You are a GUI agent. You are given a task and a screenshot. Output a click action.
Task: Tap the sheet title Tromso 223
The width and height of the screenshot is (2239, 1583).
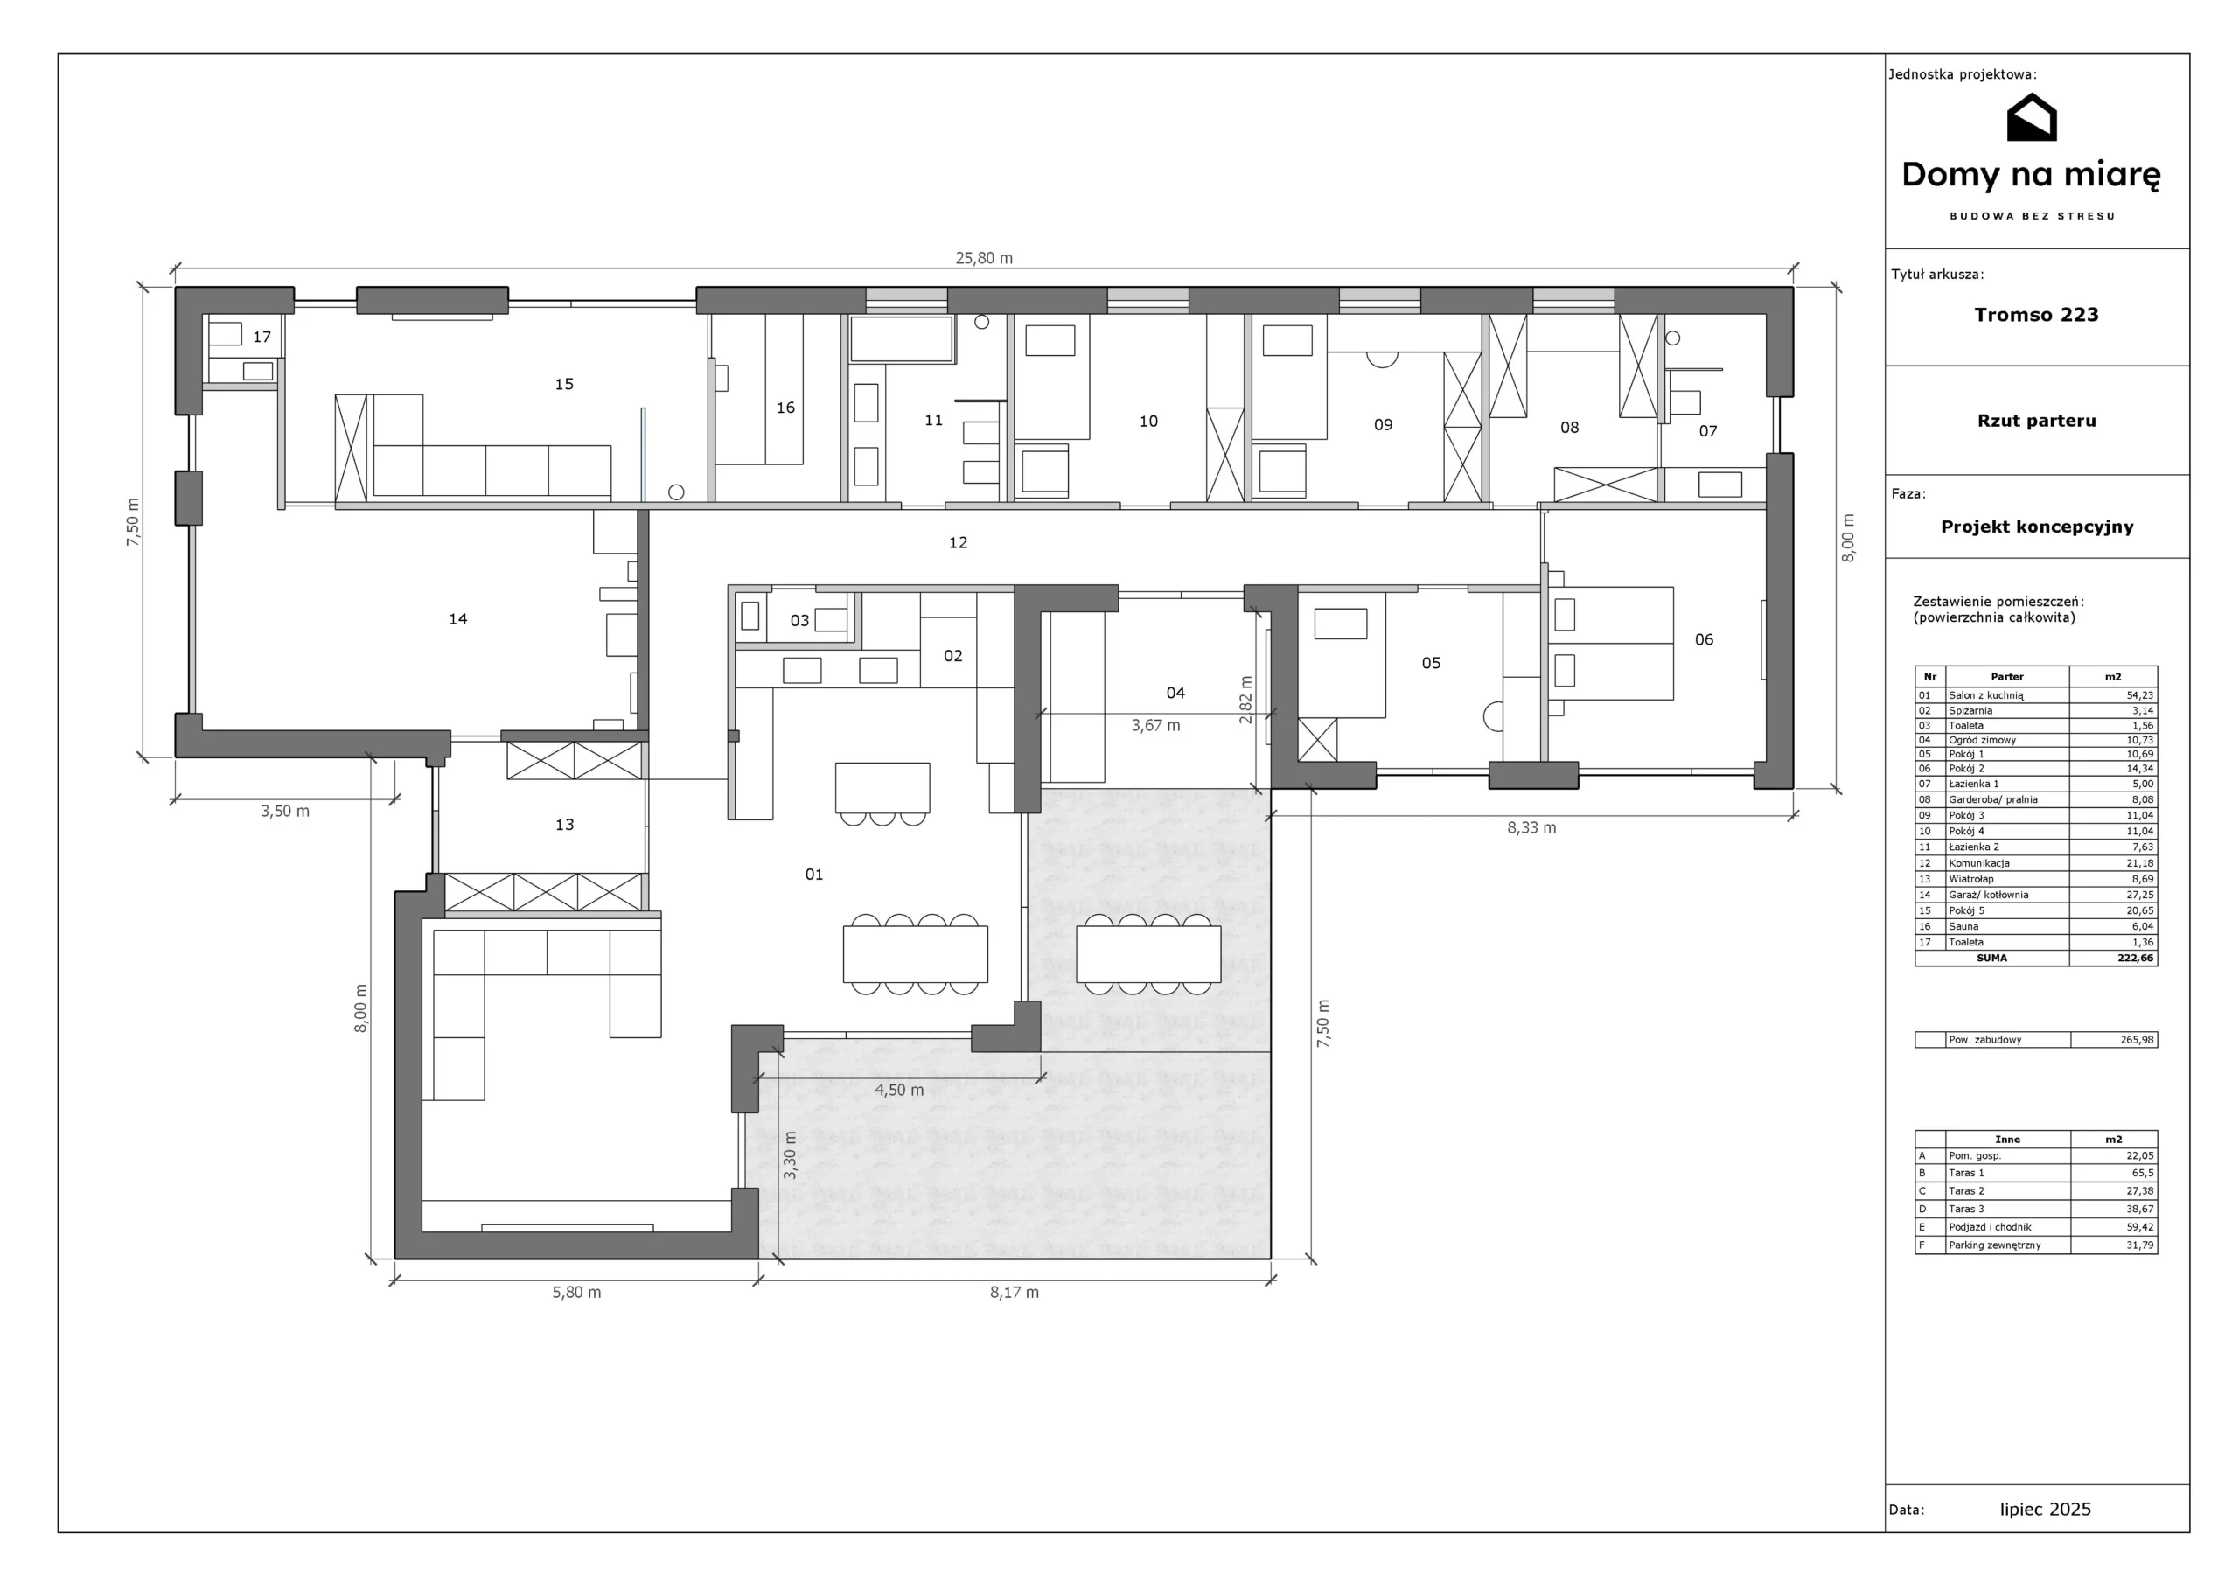pos(2036,315)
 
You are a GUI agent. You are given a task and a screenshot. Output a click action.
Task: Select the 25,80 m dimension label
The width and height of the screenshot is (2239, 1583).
pos(984,259)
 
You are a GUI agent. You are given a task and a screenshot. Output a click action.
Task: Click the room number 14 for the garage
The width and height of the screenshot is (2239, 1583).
pos(458,618)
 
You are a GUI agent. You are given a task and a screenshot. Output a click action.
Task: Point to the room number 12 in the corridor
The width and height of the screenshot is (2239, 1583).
pos(959,542)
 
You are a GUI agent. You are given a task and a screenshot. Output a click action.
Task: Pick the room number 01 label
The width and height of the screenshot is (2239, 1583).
pos(814,875)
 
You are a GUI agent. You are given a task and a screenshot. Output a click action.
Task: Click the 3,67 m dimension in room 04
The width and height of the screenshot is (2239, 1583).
pos(1155,726)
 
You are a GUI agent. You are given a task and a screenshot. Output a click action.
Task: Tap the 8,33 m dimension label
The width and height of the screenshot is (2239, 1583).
pos(1532,828)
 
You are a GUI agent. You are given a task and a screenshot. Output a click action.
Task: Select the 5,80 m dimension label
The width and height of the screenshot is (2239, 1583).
pos(577,1293)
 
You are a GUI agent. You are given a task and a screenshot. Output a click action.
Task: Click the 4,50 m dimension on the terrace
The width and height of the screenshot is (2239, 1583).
pos(899,1091)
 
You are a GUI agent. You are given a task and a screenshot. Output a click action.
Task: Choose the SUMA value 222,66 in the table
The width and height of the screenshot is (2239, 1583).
pos(2136,958)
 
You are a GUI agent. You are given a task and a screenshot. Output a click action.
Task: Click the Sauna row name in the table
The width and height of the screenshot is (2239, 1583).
pos(1964,926)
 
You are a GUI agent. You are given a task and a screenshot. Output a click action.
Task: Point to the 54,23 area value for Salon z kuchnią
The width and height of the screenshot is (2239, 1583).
pos(2139,695)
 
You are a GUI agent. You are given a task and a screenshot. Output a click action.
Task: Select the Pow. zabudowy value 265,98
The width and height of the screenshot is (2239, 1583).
pos(2137,1040)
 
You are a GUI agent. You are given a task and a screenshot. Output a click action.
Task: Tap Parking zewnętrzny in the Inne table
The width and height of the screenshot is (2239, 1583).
pos(1994,1245)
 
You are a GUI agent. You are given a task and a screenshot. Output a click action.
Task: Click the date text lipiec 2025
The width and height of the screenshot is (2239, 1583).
pos(2046,1510)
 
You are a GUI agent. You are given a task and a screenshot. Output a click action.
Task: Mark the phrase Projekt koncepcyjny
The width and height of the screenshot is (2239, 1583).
pos(2037,527)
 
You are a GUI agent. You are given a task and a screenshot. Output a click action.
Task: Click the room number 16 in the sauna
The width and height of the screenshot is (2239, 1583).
pos(786,408)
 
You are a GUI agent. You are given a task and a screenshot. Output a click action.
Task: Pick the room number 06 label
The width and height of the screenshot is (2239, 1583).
pos(1704,640)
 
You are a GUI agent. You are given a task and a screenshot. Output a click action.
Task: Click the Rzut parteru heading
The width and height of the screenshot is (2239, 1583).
pos(2037,422)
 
